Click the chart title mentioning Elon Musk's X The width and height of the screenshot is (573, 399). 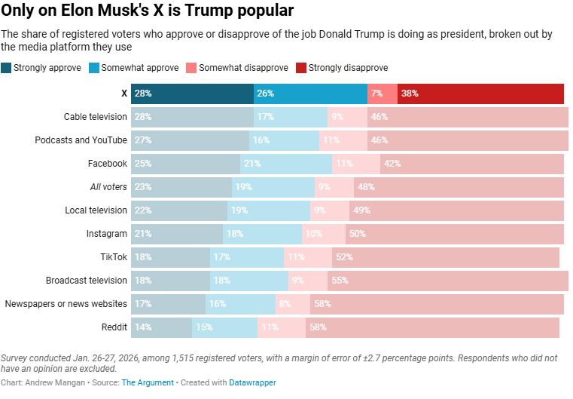pos(148,11)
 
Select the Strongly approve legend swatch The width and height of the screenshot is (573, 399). pos(7,68)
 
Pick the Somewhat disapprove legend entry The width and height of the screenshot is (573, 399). pos(238,68)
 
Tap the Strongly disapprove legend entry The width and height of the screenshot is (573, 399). pos(342,68)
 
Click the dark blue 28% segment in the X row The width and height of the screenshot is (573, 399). pos(193,94)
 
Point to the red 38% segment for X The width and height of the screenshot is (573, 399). pos(480,94)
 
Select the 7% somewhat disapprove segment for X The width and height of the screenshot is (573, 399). pos(382,94)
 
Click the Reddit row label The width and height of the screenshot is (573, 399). pos(114,327)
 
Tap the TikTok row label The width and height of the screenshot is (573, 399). pos(113,257)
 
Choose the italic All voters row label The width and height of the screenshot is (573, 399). pos(108,187)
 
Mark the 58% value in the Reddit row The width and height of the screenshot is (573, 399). pos(432,327)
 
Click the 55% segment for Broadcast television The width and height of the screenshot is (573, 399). pos(448,281)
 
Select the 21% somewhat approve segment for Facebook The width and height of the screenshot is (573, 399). pos(286,164)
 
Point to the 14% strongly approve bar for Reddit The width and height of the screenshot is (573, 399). pos(162,327)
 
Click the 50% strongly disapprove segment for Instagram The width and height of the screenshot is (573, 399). pos(455,234)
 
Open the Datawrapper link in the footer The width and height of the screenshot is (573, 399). pos(253,383)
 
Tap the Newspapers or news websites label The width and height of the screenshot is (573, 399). pos(66,304)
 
